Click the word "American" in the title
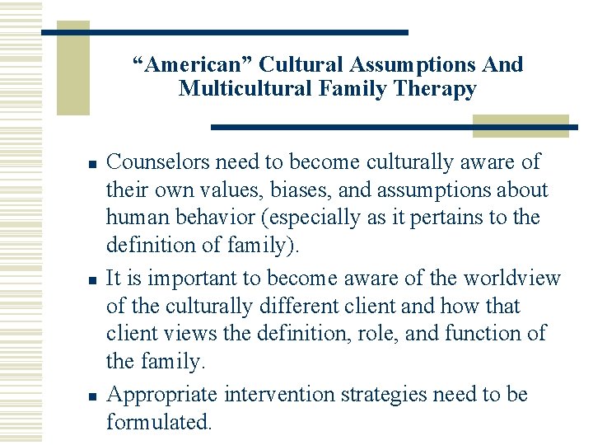(x=189, y=64)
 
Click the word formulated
(x=158, y=422)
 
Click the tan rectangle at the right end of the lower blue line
(x=521, y=125)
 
